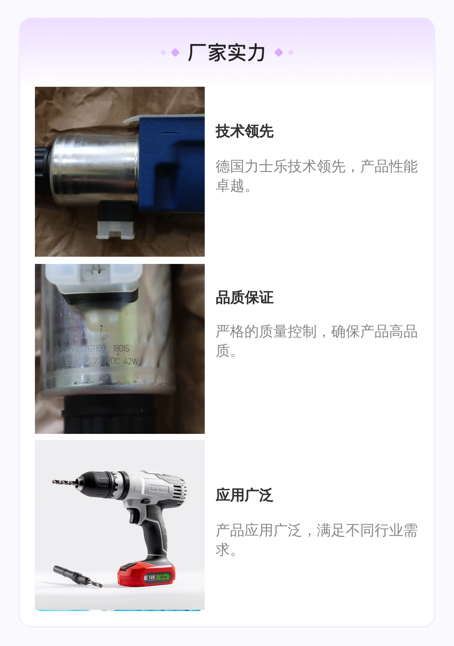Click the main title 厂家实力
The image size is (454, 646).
(226, 53)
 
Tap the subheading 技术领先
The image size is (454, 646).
(244, 131)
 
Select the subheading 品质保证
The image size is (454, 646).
(244, 298)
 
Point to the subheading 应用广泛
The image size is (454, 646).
(244, 495)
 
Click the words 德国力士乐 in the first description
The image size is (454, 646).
(251, 166)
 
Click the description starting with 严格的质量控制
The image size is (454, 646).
(316, 341)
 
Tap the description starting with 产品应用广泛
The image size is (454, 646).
(316, 540)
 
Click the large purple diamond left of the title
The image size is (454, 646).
(175, 52)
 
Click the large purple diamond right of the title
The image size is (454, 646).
(279, 52)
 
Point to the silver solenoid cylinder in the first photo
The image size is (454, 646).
(93, 169)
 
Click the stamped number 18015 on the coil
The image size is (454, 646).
(121, 349)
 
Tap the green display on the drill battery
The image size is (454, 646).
(164, 577)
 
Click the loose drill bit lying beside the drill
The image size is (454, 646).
(77, 576)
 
